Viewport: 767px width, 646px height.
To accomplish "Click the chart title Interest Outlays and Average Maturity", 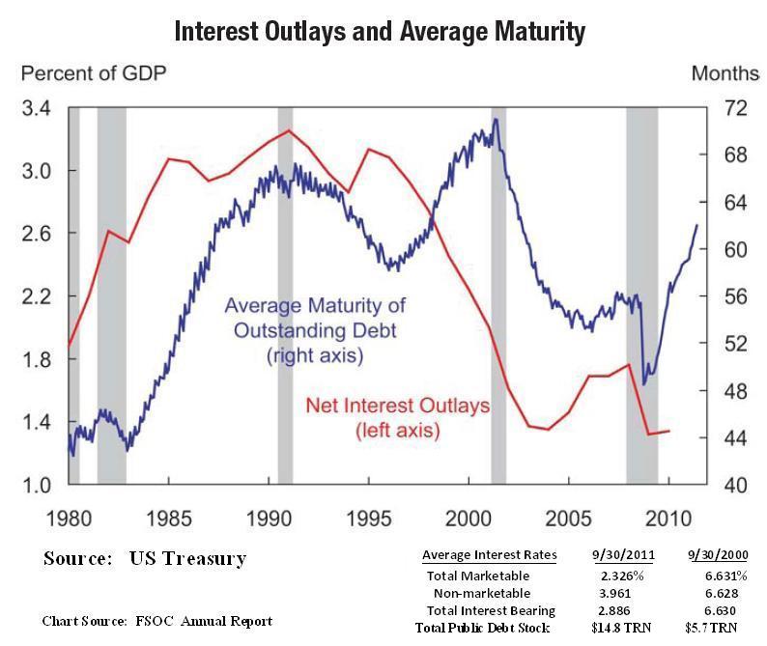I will point(380,31).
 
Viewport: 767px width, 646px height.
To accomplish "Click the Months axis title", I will point(725,73).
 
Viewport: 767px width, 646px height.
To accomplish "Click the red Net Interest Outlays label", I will point(397,417).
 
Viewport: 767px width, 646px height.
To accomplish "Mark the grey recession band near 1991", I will point(285,290).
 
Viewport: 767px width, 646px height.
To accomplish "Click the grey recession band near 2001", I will point(498,290).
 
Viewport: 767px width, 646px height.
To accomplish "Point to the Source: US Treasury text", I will point(145,558).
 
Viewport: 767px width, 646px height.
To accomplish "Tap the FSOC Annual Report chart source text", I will point(157,621).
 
